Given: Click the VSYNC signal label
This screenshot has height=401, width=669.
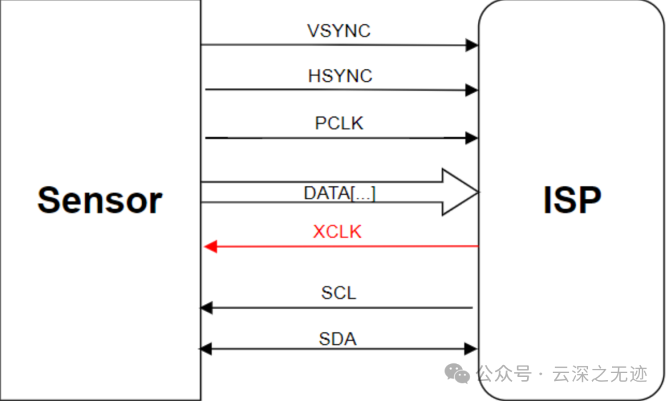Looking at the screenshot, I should click(339, 31).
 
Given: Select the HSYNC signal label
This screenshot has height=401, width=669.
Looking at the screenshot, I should click(340, 76).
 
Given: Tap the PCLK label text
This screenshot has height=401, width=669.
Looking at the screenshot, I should click(339, 123).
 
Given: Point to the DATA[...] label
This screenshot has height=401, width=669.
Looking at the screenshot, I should click(339, 193).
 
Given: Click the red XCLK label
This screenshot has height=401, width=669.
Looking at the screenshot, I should click(337, 232).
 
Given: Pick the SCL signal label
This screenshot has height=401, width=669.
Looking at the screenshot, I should click(339, 293).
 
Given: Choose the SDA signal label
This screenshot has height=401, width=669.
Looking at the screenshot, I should click(338, 339).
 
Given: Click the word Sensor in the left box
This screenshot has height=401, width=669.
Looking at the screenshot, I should click(100, 200).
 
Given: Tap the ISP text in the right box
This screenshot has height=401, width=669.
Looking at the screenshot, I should click(572, 200).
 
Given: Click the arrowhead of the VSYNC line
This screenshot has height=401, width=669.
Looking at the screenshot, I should click(472, 45).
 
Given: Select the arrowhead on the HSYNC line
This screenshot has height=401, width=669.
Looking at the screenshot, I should click(472, 90).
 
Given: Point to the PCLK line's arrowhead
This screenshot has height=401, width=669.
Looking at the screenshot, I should click(472, 137).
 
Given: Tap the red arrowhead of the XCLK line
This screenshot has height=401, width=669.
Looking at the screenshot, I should click(210, 247).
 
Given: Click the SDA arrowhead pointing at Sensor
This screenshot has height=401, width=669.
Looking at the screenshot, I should click(205, 349).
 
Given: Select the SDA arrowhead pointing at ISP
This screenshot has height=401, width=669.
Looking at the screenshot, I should click(471, 349).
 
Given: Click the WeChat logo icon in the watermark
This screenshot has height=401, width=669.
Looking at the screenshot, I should click(458, 373).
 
